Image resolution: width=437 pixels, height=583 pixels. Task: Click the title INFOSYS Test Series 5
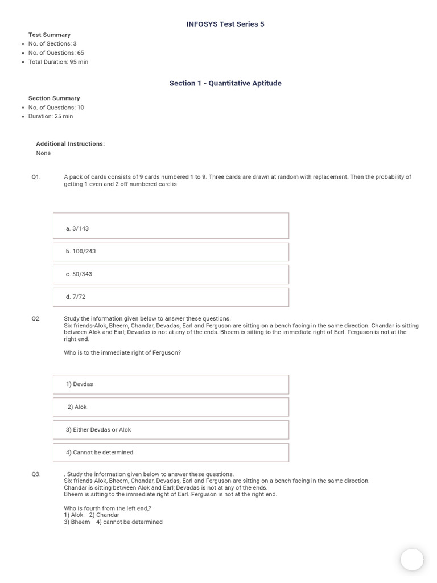tap(225, 24)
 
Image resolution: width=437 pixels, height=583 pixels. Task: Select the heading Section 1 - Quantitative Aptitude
tap(225, 83)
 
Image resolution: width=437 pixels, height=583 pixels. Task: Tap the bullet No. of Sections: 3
tap(52, 44)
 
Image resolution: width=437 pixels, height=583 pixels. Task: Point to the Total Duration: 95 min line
tap(58, 62)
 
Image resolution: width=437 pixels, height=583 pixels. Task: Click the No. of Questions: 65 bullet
tap(56, 53)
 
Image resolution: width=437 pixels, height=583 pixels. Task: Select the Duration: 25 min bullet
tap(51, 117)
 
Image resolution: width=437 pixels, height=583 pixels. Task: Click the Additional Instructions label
tap(70, 144)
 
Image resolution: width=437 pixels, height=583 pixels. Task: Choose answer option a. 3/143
tap(171, 226)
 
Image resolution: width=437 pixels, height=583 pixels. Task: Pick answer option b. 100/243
tap(171, 252)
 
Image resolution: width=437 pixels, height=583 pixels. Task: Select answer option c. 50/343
tap(171, 274)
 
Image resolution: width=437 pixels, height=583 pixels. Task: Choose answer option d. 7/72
tap(171, 297)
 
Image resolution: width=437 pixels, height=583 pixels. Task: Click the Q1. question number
tap(36, 177)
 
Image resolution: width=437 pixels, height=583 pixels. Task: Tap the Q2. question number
tap(36, 319)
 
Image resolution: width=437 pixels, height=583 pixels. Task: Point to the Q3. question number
tap(36, 474)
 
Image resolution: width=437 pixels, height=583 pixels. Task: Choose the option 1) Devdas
tap(171, 384)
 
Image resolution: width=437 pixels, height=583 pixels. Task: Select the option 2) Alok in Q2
tap(171, 407)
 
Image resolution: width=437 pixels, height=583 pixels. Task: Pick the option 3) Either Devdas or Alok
tap(171, 430)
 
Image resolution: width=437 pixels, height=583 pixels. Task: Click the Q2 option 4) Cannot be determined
tap(171, 453)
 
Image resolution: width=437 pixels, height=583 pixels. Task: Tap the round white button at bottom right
tap(412, 560)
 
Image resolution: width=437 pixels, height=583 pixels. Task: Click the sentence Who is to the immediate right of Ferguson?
tap(122, 353)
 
